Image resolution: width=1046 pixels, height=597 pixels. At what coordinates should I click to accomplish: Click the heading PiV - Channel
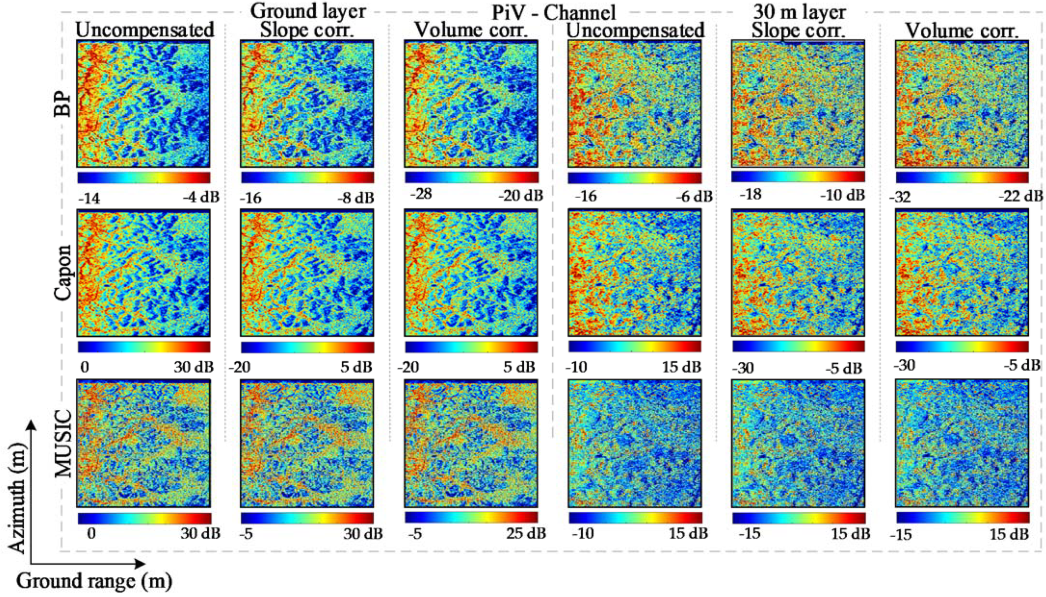[553, 12]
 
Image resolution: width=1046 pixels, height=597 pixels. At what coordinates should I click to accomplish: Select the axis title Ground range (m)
[94, 581]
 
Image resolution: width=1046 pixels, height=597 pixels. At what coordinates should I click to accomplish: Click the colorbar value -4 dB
[201, 197]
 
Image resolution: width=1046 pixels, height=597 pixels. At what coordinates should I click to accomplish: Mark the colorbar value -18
[751, 194]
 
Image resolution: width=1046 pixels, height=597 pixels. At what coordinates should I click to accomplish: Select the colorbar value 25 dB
[525, 534]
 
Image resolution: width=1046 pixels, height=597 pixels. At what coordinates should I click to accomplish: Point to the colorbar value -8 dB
[355, 198]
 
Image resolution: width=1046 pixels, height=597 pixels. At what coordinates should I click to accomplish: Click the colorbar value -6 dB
[693, 197]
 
